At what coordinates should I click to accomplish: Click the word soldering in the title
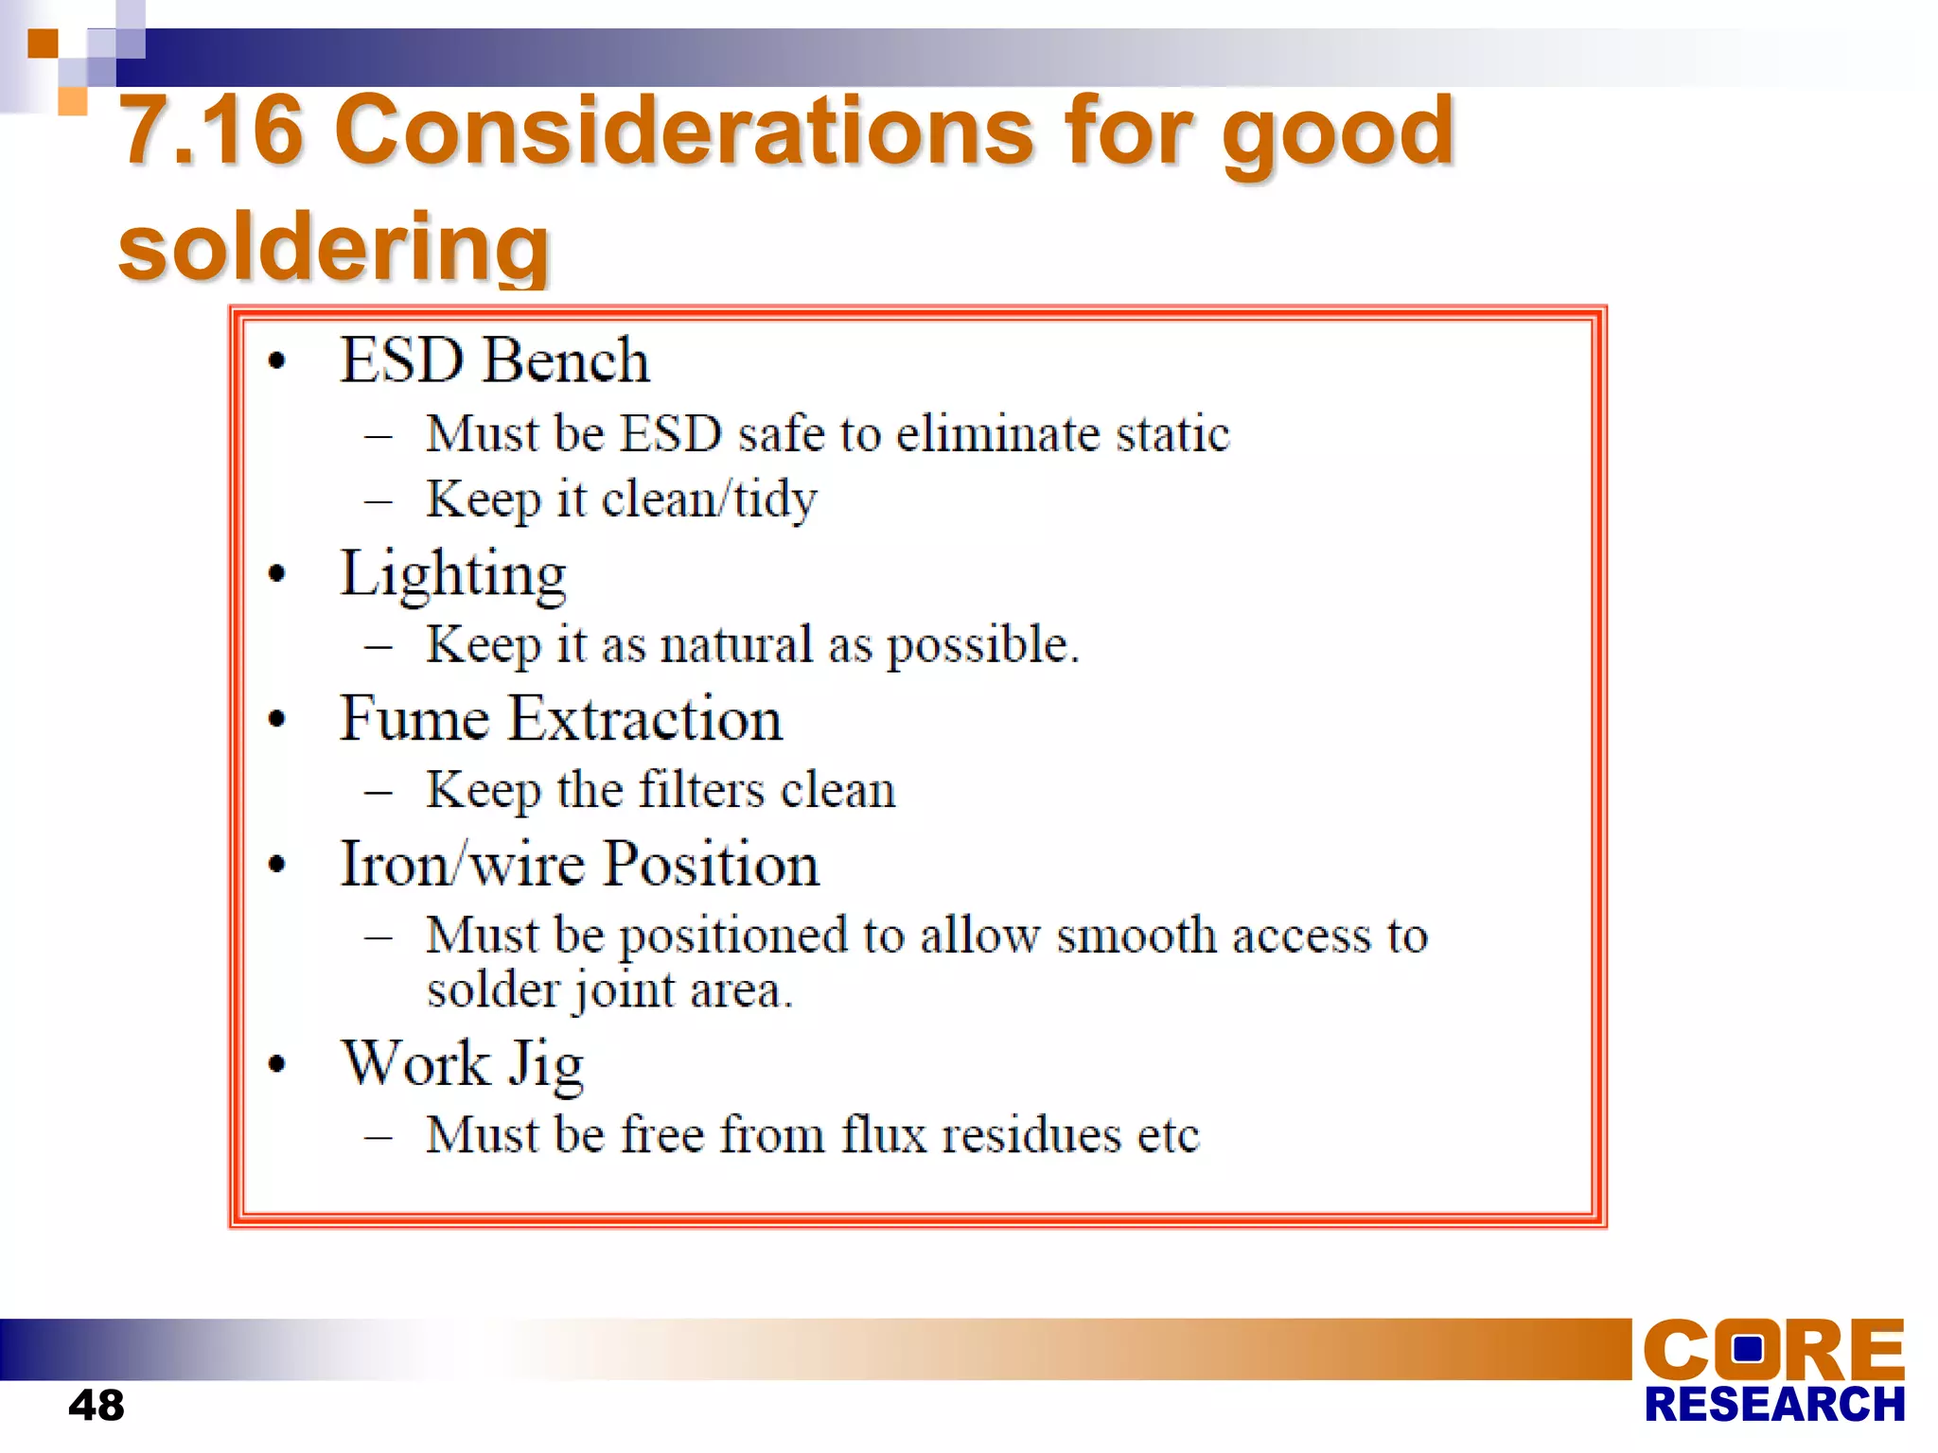[x=334, y=247]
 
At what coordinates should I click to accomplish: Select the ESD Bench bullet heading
[x=495, y=360]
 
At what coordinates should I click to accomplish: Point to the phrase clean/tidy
[x=709, y=499]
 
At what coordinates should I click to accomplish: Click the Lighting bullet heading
[x=453, y=574]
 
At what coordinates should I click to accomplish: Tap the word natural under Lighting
[x=736, y=645]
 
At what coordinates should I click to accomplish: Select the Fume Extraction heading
[x=561, y=719]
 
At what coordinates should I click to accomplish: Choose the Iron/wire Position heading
[x=579, y=864]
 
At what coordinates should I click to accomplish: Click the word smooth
[x=1136, y=936]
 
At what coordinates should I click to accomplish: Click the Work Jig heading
[x=463, y=1064]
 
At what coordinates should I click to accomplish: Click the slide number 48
[x=96, y=1405]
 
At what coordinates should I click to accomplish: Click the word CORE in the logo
[x=1772, y=1350]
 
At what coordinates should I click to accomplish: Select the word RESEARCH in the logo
[x=1774, y=1405]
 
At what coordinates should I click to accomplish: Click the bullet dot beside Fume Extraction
[x=276, y=720]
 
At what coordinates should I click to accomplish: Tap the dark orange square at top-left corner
[x=43, y=44]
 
